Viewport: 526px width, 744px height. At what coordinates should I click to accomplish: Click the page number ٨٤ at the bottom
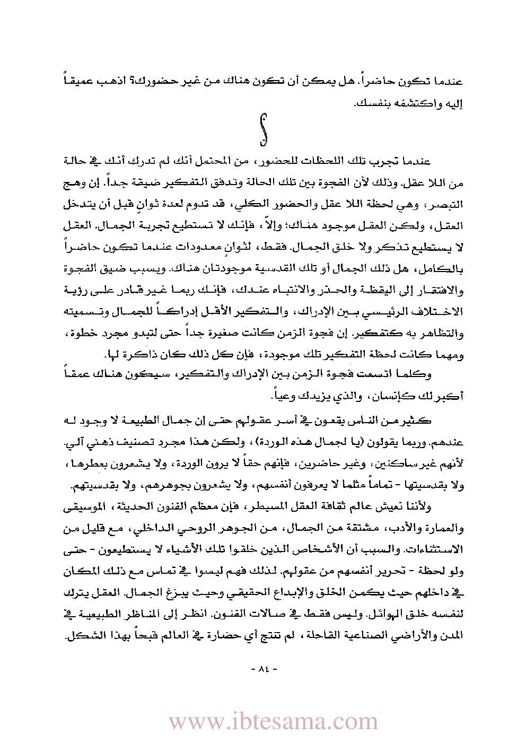point(264,669)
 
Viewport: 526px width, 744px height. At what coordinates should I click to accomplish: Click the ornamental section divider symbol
point(262,129)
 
